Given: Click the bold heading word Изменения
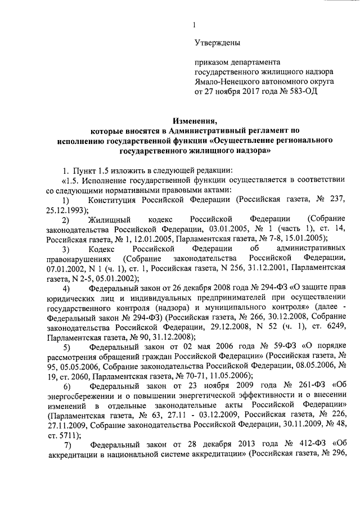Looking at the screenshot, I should pyautogui.click(x=195, y=120).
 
